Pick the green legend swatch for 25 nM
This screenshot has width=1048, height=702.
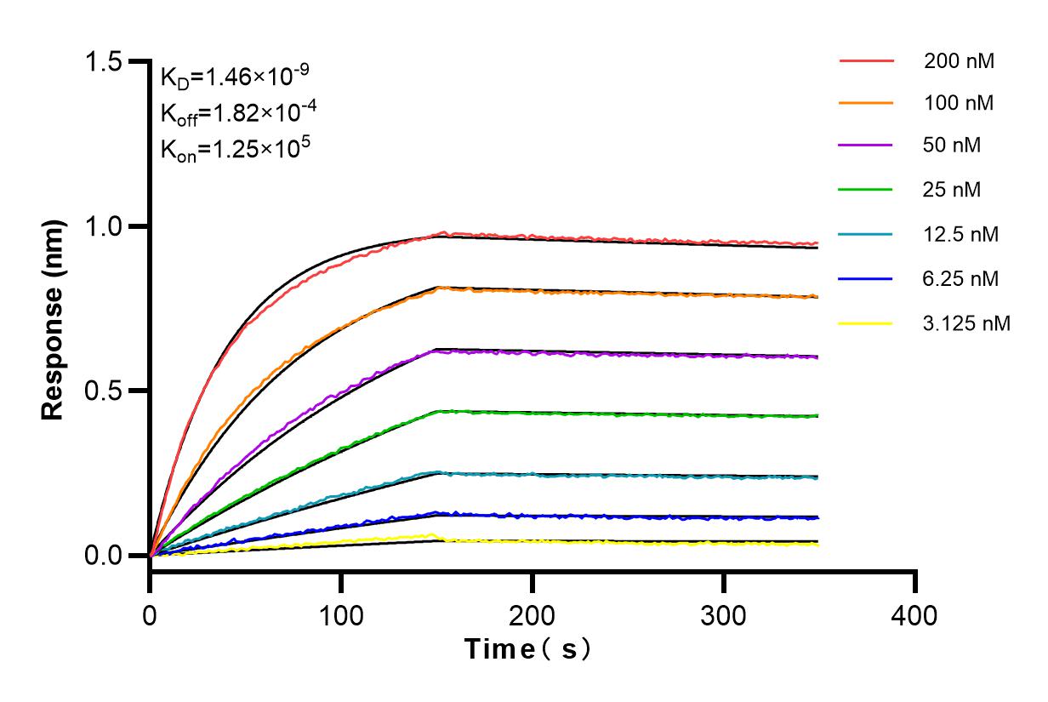[866, 190]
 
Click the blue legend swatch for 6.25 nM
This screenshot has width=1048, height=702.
[866, 278]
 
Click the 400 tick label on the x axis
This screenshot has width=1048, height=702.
[915, 614]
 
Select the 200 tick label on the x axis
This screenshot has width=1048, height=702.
[533, 614]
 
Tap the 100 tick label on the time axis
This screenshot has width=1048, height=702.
[341, 614]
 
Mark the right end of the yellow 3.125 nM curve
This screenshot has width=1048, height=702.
[817, 544]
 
